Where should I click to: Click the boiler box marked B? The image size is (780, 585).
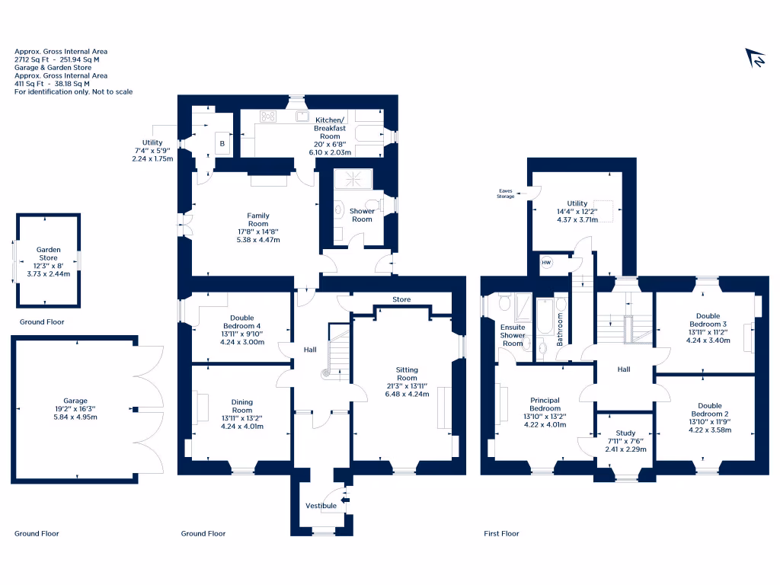pyautogui.click(x=222, y=143)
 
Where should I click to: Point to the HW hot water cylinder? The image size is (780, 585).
pyautogui.click(x=546, y=263)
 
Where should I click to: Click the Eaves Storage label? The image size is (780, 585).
pyautogui.click(x=505, y=194)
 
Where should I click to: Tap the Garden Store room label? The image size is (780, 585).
pyautogui.click(x=48, y=254)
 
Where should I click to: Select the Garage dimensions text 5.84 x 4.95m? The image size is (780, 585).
pyautogui.click(x=75, y=417)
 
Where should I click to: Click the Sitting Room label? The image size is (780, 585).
pyautogui.click(x=407, y=373)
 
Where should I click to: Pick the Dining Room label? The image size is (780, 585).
pyautogui.click(x=242, y=406)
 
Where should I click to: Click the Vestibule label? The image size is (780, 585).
pyautogui.click(x=321, y=506)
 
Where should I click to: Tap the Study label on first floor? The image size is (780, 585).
pyautogui.click(x=625, y=433)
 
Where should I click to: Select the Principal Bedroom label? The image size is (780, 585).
pyautogui.click(x=545, y=404)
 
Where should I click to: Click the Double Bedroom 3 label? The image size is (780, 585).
pyautogui.click(x=708, y=320)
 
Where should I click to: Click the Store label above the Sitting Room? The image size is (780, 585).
pyautogui.click(x=401, y=299)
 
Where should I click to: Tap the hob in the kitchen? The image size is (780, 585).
pyautogui.click(x=269, y=117)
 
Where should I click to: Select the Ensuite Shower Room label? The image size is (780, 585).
pyautogui.click(x=512, y=335)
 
